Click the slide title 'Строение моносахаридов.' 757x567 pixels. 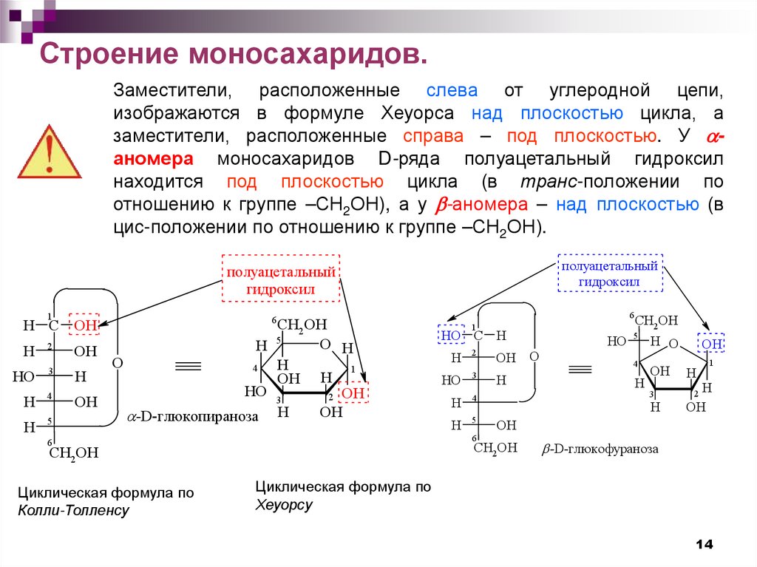point(234,55)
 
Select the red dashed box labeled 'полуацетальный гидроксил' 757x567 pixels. point(280,279)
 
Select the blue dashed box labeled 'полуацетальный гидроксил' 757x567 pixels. point(609,274)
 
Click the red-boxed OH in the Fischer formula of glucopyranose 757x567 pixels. point(85,325)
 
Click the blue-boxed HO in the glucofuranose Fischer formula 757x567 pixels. point(451,335)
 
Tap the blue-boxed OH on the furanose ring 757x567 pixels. point(711,344)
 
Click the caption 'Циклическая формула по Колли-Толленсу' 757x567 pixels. point(106,501)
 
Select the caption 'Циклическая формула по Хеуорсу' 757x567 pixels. point(342,496)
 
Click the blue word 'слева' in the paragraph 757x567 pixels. point(452,91)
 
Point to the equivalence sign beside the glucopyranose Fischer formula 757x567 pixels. point(188,364)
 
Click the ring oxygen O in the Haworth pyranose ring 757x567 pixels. point(325,344)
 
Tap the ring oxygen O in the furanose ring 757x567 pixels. point(672,343)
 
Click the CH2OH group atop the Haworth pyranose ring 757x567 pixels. point(300,325)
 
